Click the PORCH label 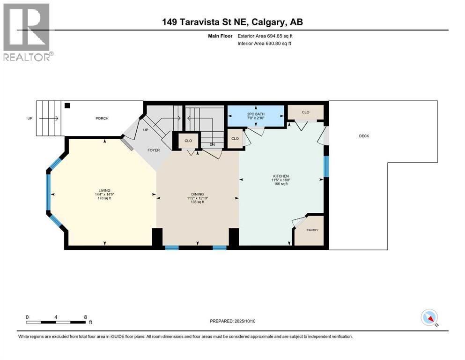click(102, 119)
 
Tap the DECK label click(364, 136)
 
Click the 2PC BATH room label click(256, 114)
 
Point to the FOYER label click(154, 150)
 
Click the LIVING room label click(104, 190)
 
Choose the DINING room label click(198, 195)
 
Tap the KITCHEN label click(281, 176)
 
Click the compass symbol click(429, 317)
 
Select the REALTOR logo click(28, 32)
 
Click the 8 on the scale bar click(85, 317)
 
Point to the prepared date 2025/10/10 click(244, 321)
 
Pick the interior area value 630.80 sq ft click(279, 43)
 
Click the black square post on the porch click(67, 105)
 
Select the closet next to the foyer click(188, 141)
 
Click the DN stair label click(212, 145)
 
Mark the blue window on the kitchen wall click(326, 166)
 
